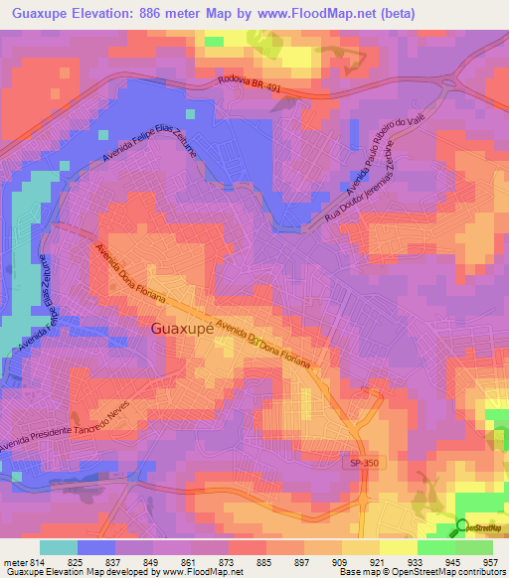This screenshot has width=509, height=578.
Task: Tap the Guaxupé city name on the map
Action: point(182,328)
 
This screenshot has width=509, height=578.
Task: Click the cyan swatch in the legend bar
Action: point(59,546)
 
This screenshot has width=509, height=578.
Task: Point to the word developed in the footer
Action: point(127,573)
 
